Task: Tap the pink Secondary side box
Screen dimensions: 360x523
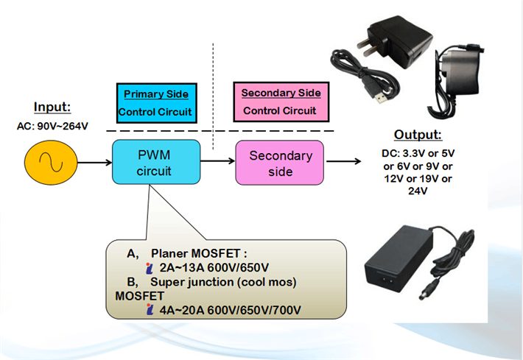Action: [279, 163]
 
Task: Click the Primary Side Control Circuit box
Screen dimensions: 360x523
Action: [156, 103]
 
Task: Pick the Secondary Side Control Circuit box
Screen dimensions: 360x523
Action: [280, 102]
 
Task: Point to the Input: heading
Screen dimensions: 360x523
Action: [52, 107]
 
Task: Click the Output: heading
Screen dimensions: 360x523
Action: [418, 135]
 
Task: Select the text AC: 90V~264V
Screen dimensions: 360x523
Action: [52, 126]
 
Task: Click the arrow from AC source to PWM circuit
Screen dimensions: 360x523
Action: [90, 159]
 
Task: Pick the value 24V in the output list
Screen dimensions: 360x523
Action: [418, 191]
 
